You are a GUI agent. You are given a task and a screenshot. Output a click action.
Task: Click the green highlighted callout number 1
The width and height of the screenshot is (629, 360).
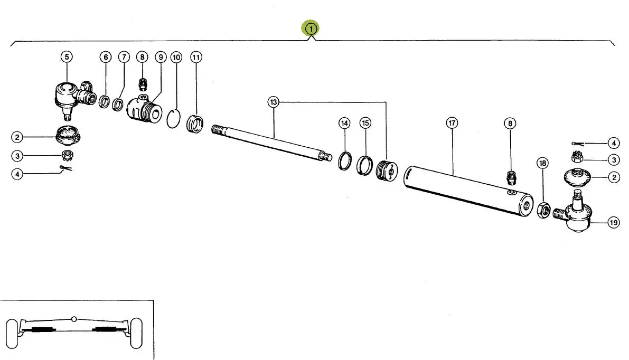tap(311, 28)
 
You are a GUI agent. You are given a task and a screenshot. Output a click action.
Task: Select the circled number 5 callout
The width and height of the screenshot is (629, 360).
tap(67, 56)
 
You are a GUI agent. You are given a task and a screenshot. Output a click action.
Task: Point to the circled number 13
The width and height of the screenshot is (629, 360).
tap(273, 102)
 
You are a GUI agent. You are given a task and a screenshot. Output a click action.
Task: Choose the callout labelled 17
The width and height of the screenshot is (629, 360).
tap(452, 123)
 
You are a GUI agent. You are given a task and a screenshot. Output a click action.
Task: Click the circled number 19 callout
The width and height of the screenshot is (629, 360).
tap(613, 223)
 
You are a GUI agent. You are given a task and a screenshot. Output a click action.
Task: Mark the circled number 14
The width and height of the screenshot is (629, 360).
tap(344, 123)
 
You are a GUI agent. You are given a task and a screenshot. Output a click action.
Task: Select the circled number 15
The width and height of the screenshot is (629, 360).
tap(365, 123)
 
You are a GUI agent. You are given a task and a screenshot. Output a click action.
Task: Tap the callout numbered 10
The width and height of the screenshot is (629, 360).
tap(176, 56)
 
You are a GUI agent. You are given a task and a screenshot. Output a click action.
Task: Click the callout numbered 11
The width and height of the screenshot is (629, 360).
tap(196, 56)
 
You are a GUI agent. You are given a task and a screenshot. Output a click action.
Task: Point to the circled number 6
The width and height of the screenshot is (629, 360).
tap(105, 56)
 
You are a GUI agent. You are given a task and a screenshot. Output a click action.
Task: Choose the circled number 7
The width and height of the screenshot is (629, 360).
tap(124, 56)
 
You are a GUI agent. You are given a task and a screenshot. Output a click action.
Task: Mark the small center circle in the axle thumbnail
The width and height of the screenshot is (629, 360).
tap(74, 319)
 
